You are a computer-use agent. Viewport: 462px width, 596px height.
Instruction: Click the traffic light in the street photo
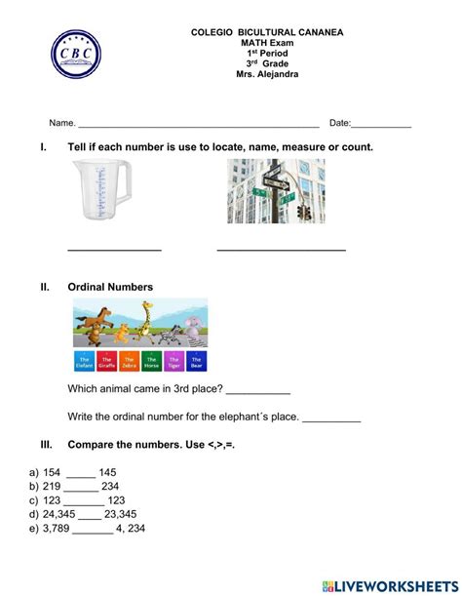pos(303,211)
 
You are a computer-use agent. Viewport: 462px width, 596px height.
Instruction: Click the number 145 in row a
pos(107,472)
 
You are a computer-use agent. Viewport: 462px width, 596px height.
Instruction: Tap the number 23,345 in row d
pos(121,514)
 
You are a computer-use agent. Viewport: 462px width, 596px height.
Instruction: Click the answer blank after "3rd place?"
pos(258,390)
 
